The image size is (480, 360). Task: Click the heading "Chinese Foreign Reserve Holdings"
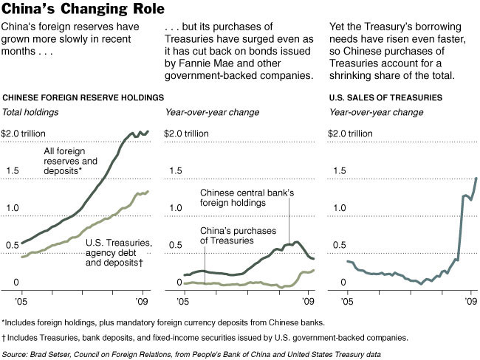pos(83,97)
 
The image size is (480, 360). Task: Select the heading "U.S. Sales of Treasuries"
pos(385,97)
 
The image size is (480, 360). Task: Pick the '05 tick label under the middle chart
pos(185,301)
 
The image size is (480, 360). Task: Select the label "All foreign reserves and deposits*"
pos(71,161)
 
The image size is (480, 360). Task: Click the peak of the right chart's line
pos(476,178)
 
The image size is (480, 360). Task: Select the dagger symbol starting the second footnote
pos(4,337)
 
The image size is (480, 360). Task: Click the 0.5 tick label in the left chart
pos(11,245)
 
